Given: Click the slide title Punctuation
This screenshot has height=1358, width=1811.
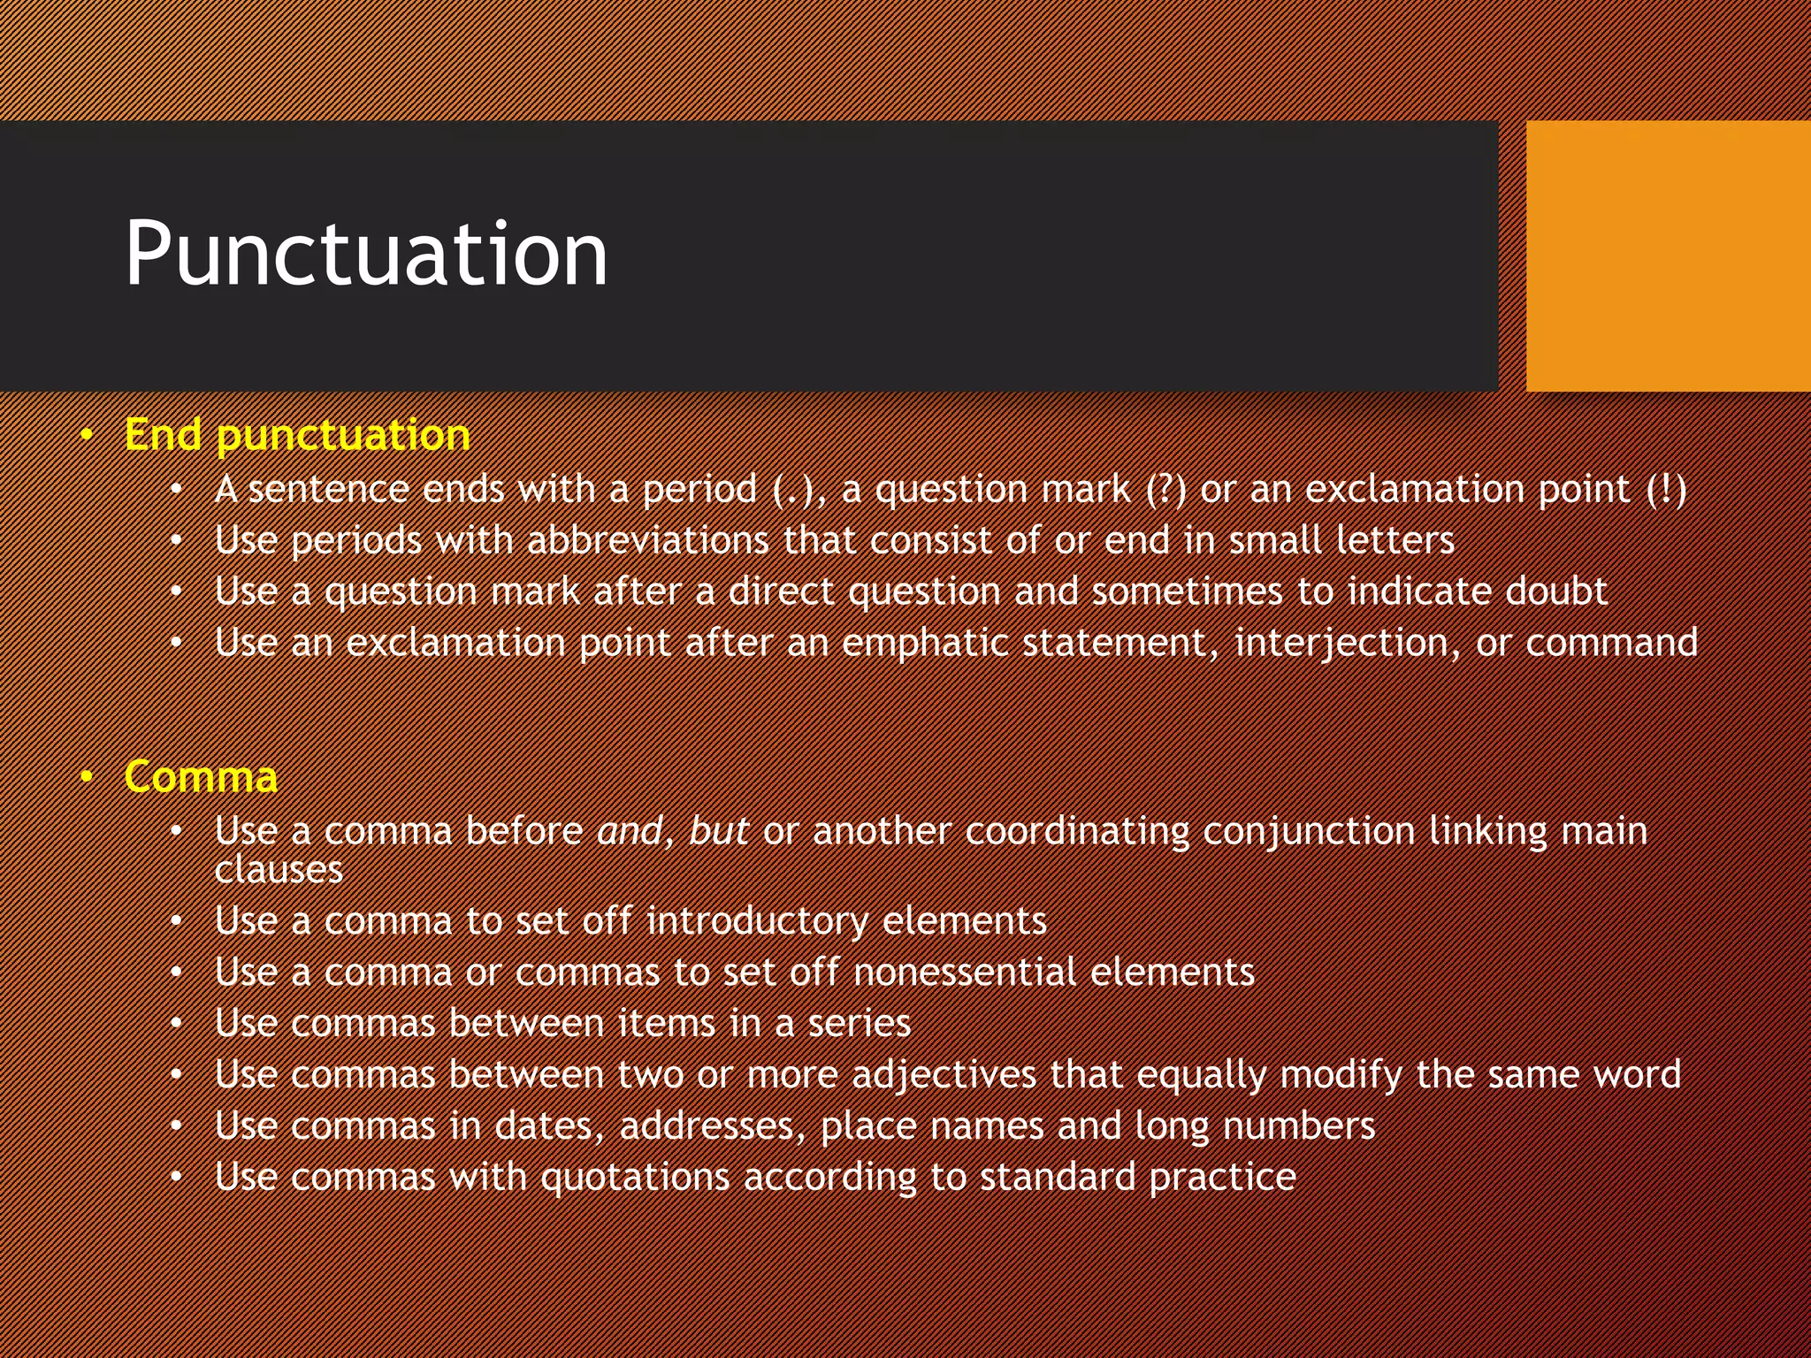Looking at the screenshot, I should pos(366,255).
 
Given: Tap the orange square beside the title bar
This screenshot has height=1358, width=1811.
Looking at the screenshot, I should pos(1668,256).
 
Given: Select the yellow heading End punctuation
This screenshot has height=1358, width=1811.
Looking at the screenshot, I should pos(297,435).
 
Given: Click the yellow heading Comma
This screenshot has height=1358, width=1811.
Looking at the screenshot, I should pos(201,777).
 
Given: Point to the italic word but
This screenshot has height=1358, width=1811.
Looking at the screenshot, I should pos(718,831).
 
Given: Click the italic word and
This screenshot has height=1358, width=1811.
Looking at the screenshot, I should pos(629,831).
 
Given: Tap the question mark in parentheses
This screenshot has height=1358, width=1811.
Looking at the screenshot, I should pos(1165,489).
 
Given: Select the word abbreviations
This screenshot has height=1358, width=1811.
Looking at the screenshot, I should pos(647,540).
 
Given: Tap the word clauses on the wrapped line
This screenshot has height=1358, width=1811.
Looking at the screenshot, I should pos(279,870).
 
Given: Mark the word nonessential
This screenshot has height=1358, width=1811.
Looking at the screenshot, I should pos(965,973).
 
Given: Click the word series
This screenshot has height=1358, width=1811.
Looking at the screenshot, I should pos(859,1024).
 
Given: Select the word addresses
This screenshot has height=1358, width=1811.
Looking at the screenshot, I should pos(712,1126).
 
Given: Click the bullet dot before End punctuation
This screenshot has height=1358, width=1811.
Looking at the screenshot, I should pos(86,435).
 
